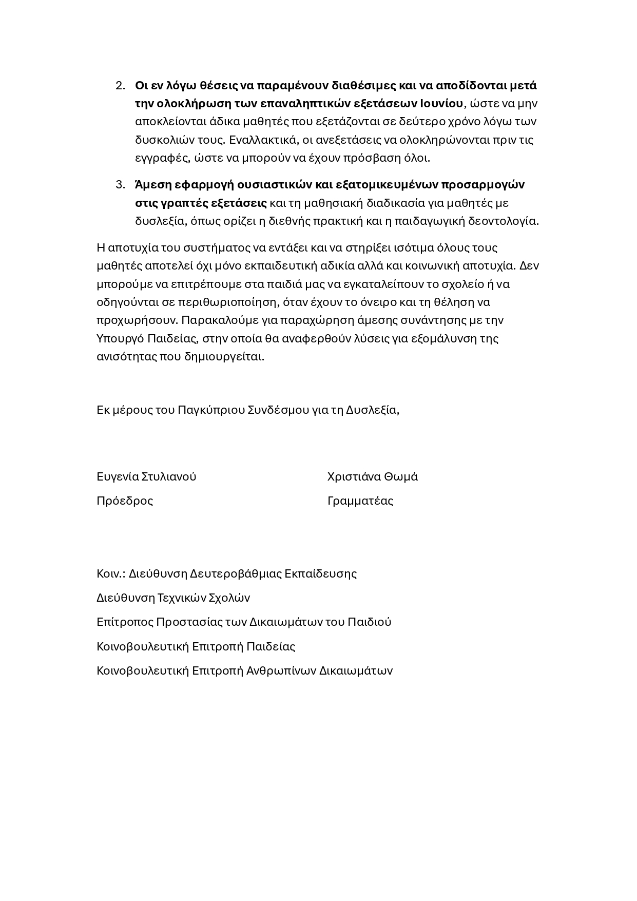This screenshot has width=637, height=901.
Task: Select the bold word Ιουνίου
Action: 441,103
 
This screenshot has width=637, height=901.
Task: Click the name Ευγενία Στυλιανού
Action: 146,476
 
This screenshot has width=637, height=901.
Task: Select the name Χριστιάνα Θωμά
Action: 372,476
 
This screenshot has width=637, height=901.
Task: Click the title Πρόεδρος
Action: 125,501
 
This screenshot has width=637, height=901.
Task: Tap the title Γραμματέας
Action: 360,501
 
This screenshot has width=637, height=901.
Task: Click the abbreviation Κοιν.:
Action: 111,573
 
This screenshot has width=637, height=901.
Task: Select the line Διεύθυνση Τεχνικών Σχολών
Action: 173,598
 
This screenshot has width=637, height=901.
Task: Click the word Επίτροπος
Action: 125,622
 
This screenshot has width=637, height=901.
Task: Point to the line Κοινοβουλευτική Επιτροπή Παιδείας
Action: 196,646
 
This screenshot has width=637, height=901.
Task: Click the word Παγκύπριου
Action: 211,410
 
